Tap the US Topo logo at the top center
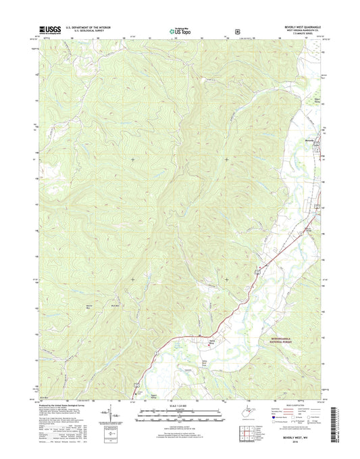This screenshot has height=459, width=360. tap(179, 30)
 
